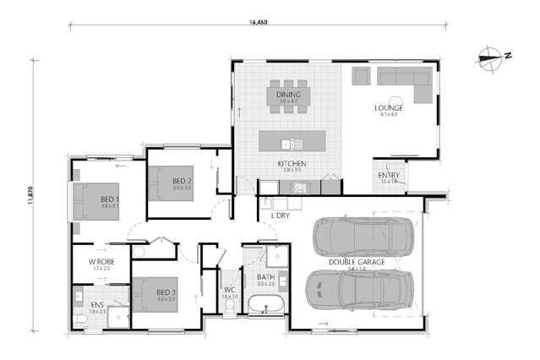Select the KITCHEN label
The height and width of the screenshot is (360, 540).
291,163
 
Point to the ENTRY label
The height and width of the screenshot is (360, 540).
389,175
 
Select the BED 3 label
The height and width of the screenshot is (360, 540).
166,292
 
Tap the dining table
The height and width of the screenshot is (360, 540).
290,97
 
